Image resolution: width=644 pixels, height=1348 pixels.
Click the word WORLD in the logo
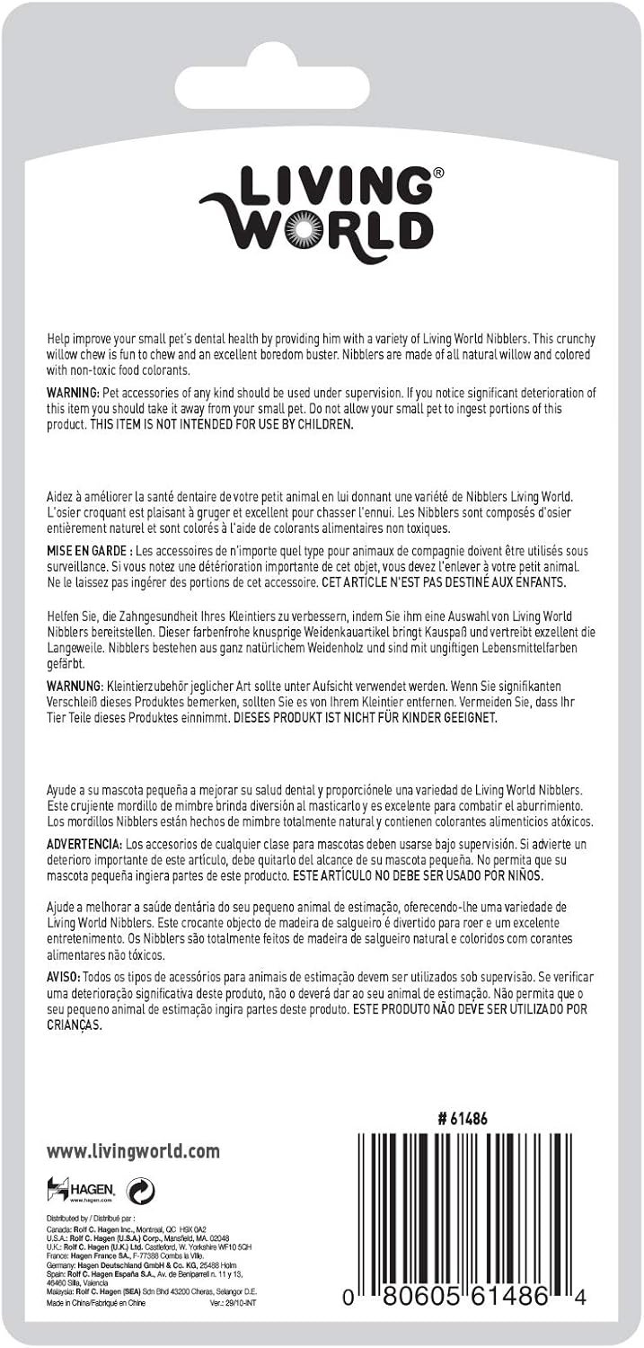click(x=341, y=229)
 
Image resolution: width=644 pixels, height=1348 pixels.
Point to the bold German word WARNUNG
click(x=75, y=687)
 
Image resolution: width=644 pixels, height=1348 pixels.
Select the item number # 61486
click(x=463, y=1120)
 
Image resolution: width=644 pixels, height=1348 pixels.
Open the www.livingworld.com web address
click(x=133, y=1152)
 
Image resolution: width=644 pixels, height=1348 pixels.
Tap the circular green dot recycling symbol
click(x=141, y=1192)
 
